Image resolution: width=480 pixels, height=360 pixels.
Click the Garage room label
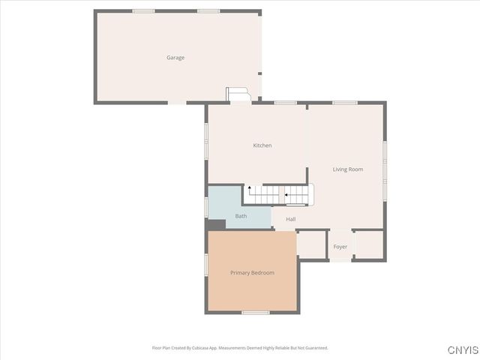coord(175,58)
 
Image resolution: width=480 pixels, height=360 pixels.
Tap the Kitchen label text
coord(262,145)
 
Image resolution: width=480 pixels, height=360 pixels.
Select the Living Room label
coord(348,169)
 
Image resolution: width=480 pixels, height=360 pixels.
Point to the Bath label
coord(241,216)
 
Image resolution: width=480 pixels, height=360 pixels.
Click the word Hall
coord(290,219)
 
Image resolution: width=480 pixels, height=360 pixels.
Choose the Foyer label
coord(340,247)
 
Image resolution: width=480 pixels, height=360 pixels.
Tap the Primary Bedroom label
coord(252,273)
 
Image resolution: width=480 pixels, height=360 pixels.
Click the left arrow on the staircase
coord(287,196)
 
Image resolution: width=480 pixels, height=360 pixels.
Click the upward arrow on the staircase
coord(250,188)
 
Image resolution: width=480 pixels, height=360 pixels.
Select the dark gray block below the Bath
coord(216,224)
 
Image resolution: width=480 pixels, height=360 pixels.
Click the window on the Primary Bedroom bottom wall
coord(255,312)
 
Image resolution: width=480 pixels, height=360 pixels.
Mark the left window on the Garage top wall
coord(143,11)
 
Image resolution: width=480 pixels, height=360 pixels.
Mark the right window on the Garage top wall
coord(208,11)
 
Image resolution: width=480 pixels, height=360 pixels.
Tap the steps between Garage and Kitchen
coord(238,94)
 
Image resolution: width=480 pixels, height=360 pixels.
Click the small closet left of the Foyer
coord(310,244)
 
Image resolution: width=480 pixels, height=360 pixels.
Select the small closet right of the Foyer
coord(367,244)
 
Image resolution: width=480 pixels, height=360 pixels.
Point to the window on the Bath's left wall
coord(206,206)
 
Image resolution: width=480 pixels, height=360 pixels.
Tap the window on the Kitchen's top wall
coord(285,103)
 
